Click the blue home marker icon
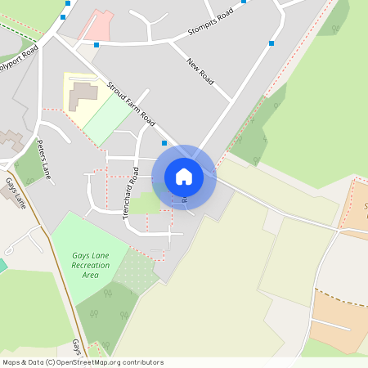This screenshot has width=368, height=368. [184, 177]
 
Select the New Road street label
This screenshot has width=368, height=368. [200, 72]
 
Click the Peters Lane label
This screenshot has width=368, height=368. [44, 159]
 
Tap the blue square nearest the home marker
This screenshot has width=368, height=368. [164, 143]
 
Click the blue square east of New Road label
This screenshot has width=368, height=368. [272, 43]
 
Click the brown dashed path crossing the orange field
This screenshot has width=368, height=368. [339, 298]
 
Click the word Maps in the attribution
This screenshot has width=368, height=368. [12, 362]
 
